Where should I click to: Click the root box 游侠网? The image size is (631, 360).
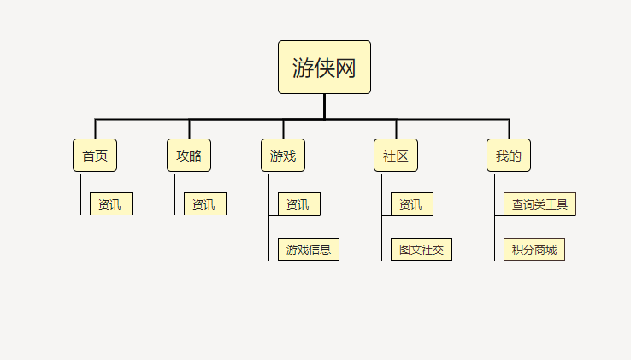(324, 68)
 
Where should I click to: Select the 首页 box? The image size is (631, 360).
(95, 156)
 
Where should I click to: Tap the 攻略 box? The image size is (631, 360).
(189, 156)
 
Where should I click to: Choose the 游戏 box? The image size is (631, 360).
(283, 156)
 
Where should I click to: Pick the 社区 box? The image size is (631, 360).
(396, 156)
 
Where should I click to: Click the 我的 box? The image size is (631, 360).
(509, 156)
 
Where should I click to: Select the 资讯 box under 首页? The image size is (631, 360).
(111, 204)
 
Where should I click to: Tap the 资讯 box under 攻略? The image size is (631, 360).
(205, 204)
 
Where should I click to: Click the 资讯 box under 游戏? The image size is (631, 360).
(299, 204)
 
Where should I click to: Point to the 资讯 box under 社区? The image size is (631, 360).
(412, 204)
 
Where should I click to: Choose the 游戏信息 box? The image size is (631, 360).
(309, 249)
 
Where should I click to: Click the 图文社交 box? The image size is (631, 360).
(422, 249)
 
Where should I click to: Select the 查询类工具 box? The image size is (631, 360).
(540, 204)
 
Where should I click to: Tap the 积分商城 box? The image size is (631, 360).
(534, 249)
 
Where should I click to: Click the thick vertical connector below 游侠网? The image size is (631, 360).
(324, 106)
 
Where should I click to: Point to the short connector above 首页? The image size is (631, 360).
(96, 129)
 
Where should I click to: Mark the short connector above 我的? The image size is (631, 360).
(509, 129)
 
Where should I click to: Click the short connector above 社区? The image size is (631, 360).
(397, 129)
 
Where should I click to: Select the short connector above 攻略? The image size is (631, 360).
(189, 129)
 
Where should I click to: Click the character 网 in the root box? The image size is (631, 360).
(345, 68)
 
